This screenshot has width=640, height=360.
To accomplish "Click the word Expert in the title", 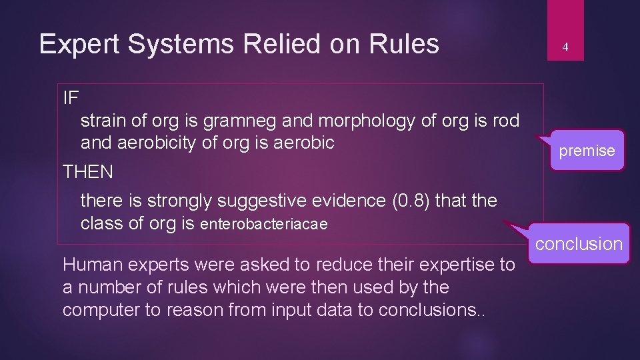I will (x=79, y=45).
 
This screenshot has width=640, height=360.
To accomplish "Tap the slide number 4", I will (x=565, y=47).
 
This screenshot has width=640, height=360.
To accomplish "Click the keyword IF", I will (x=71, y=98).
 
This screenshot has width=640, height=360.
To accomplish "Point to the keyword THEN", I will (x=88, y=172).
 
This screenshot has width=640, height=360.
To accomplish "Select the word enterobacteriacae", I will (x=264, y=224).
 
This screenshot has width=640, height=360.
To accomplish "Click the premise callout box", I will (x=587, y=151).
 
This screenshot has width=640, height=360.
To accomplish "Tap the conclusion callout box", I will (x=579, y=244).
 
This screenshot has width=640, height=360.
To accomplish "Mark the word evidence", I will (x=347, y=201).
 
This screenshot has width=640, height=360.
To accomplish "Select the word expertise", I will (x=457, y=265).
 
